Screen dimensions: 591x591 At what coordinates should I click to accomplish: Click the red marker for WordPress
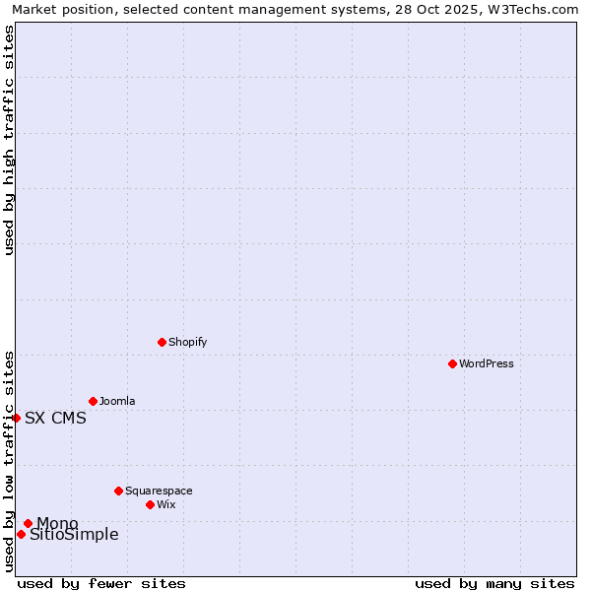452,363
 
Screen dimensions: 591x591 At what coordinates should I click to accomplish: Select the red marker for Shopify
162,342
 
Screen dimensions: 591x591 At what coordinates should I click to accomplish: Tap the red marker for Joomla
93,401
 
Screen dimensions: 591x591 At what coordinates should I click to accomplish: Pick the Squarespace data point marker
118,491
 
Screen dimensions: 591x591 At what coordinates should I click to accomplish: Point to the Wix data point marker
150,504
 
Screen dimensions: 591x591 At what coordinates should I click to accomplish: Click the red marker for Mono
28,523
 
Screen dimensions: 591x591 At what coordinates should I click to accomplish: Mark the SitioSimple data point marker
21,534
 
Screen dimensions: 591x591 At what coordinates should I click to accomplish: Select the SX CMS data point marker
16,418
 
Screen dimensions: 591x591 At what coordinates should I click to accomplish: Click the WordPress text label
487,363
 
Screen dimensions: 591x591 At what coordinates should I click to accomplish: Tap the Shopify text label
187,342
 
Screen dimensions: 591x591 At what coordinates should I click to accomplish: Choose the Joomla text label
117,401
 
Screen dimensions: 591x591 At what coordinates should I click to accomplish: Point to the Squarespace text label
159,491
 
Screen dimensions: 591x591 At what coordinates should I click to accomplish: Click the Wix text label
165,504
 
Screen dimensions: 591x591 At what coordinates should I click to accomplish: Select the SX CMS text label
55,418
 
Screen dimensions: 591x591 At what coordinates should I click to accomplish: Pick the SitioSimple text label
74,535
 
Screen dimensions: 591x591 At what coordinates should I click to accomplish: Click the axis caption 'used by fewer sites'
101,583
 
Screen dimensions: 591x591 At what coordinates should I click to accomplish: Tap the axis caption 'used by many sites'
494,583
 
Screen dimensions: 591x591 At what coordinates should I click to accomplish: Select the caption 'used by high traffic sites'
9,140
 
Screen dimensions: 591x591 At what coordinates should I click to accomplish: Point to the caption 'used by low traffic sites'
9,461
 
